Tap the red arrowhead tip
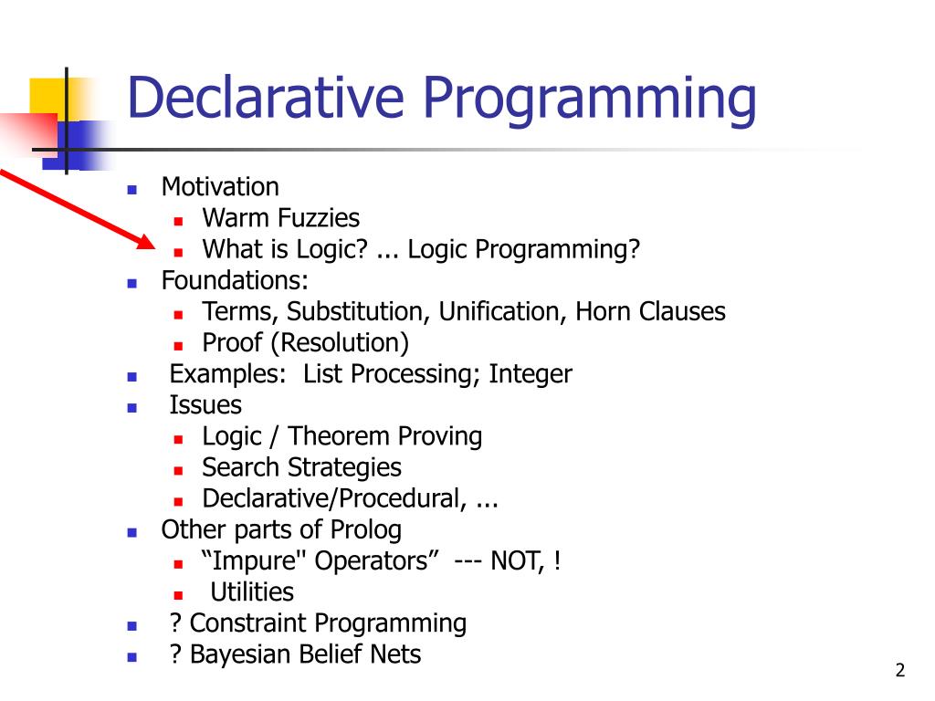click(x=153, y=247)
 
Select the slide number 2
click(x=899, y=671)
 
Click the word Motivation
click(x=220, y=187)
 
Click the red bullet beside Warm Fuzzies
click(x=179, y=220)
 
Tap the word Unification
click(x=501, y=312)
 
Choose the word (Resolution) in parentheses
click(x=345, y=343)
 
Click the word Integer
click(x=531, y=374)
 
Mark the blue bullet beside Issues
click(x=131, y=407)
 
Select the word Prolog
click(x=369, y=529)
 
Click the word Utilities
click(x=252, y=591)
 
